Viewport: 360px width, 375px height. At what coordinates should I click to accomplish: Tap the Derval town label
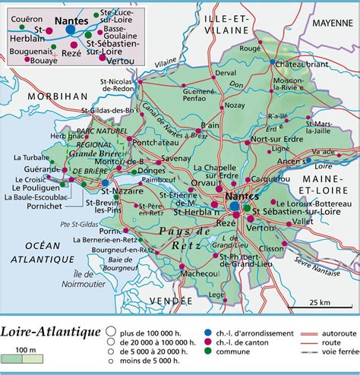point(226,73)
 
